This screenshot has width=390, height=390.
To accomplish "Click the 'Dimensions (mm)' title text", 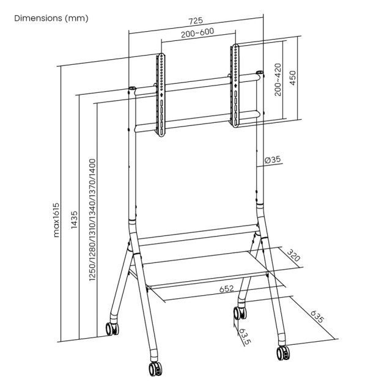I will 51,18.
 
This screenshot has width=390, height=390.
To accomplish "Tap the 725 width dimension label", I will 196,21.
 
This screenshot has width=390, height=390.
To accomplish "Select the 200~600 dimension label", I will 197,35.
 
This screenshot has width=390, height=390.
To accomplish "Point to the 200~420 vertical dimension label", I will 278,79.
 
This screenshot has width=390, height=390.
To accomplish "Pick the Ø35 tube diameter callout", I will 272,160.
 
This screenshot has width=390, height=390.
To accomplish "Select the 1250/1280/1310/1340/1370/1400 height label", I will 92,220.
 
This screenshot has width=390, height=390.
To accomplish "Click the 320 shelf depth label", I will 295,257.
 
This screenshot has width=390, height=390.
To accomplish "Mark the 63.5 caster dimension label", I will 245,336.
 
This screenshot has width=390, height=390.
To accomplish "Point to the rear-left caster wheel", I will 111,328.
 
